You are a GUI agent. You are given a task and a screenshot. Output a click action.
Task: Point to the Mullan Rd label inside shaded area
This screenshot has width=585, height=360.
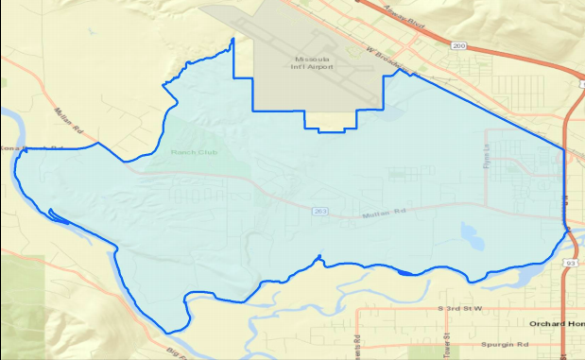(x=385, y=214)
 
